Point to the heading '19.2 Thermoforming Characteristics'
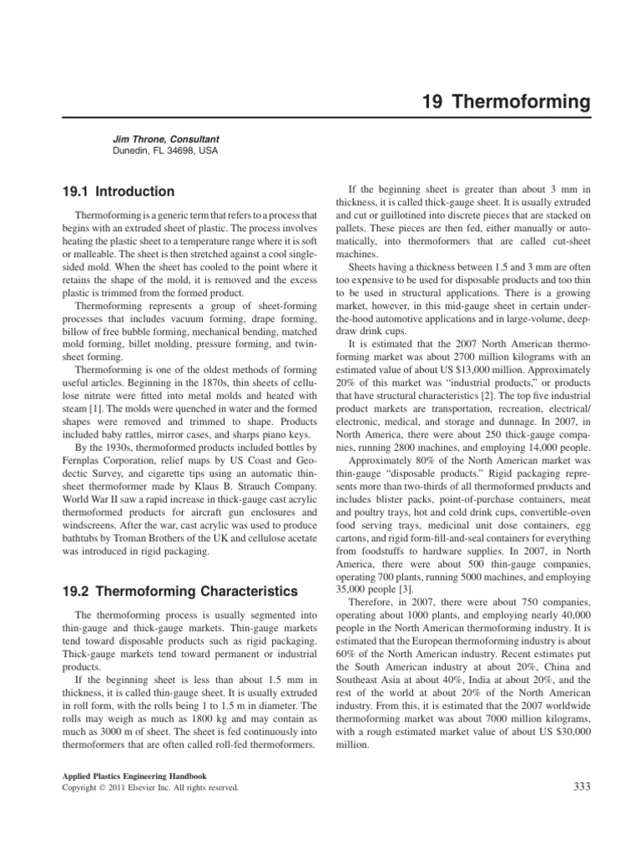pyautogui.click(x=179, y=592)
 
